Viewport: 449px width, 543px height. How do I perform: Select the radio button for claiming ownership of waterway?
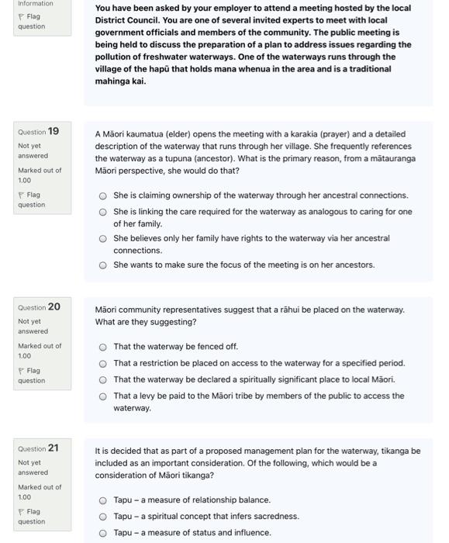[x=103, y=196]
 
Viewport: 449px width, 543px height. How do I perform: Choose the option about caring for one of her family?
[x=103, y=212]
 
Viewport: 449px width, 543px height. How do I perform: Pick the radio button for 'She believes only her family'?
[x=103, y=239]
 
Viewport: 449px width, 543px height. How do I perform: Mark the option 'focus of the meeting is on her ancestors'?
[x=103, y=265]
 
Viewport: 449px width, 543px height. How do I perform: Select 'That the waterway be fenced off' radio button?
[x=103, y=347]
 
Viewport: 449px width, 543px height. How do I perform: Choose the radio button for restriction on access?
[x=103, y=363]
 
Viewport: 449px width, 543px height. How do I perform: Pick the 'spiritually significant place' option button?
[x=103, y=379]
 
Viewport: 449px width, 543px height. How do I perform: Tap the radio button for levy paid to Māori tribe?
[x=103, y=396]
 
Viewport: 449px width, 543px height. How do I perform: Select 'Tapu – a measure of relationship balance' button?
[x=103, y=500]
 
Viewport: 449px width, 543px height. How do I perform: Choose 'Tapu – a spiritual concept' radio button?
[x=103, y=517]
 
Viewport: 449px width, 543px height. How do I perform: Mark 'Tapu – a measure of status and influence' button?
[x=103, y=533]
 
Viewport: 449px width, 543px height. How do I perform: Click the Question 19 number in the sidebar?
[x=54, y=131]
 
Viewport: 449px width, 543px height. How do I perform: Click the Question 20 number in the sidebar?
[x=54, y=307]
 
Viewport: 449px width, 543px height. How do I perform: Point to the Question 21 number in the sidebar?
[x=54, y=448]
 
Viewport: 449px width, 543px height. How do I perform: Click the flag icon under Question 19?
[x=21, y=195]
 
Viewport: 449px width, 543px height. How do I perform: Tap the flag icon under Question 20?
[x=21, y=371]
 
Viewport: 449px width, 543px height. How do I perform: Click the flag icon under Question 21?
[x=21, y=512]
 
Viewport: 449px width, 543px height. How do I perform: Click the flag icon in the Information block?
[x=21, y=16]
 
